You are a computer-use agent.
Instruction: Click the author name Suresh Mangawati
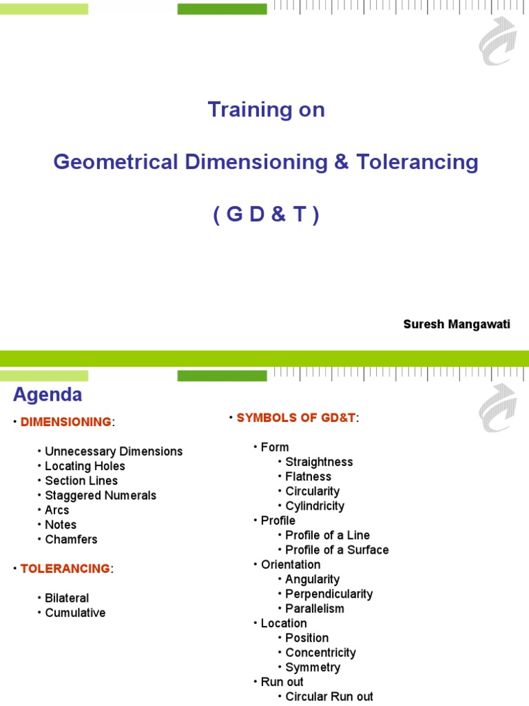tap(457, 325)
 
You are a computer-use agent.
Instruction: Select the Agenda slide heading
tap(48, 395)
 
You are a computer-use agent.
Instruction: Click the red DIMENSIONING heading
tap(65, 422)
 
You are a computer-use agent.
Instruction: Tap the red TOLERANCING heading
tap(65, 569)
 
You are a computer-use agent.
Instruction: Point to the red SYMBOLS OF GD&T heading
tap(297, 418)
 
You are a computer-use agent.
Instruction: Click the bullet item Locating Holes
tap(85, 466)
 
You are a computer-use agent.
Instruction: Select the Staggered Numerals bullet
tap(101, 495)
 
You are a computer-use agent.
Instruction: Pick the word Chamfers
tap(71, 539)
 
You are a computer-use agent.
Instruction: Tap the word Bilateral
tap(67, 598)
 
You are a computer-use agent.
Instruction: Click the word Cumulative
tap(75, 612)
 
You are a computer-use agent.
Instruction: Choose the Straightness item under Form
tap(319, 462)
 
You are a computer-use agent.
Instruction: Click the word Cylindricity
tap(315, 506)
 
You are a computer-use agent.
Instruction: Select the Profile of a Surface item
tap(337, 549)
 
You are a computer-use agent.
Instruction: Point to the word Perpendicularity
tap(329, 594)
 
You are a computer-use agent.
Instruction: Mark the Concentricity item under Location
tap(320, 652)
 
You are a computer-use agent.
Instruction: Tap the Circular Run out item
tap(329, 696)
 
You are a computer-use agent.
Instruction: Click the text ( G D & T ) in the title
tap(266, 216)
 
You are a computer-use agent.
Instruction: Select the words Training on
tap(266, 110)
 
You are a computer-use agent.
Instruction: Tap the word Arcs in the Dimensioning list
tap(57, 510)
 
